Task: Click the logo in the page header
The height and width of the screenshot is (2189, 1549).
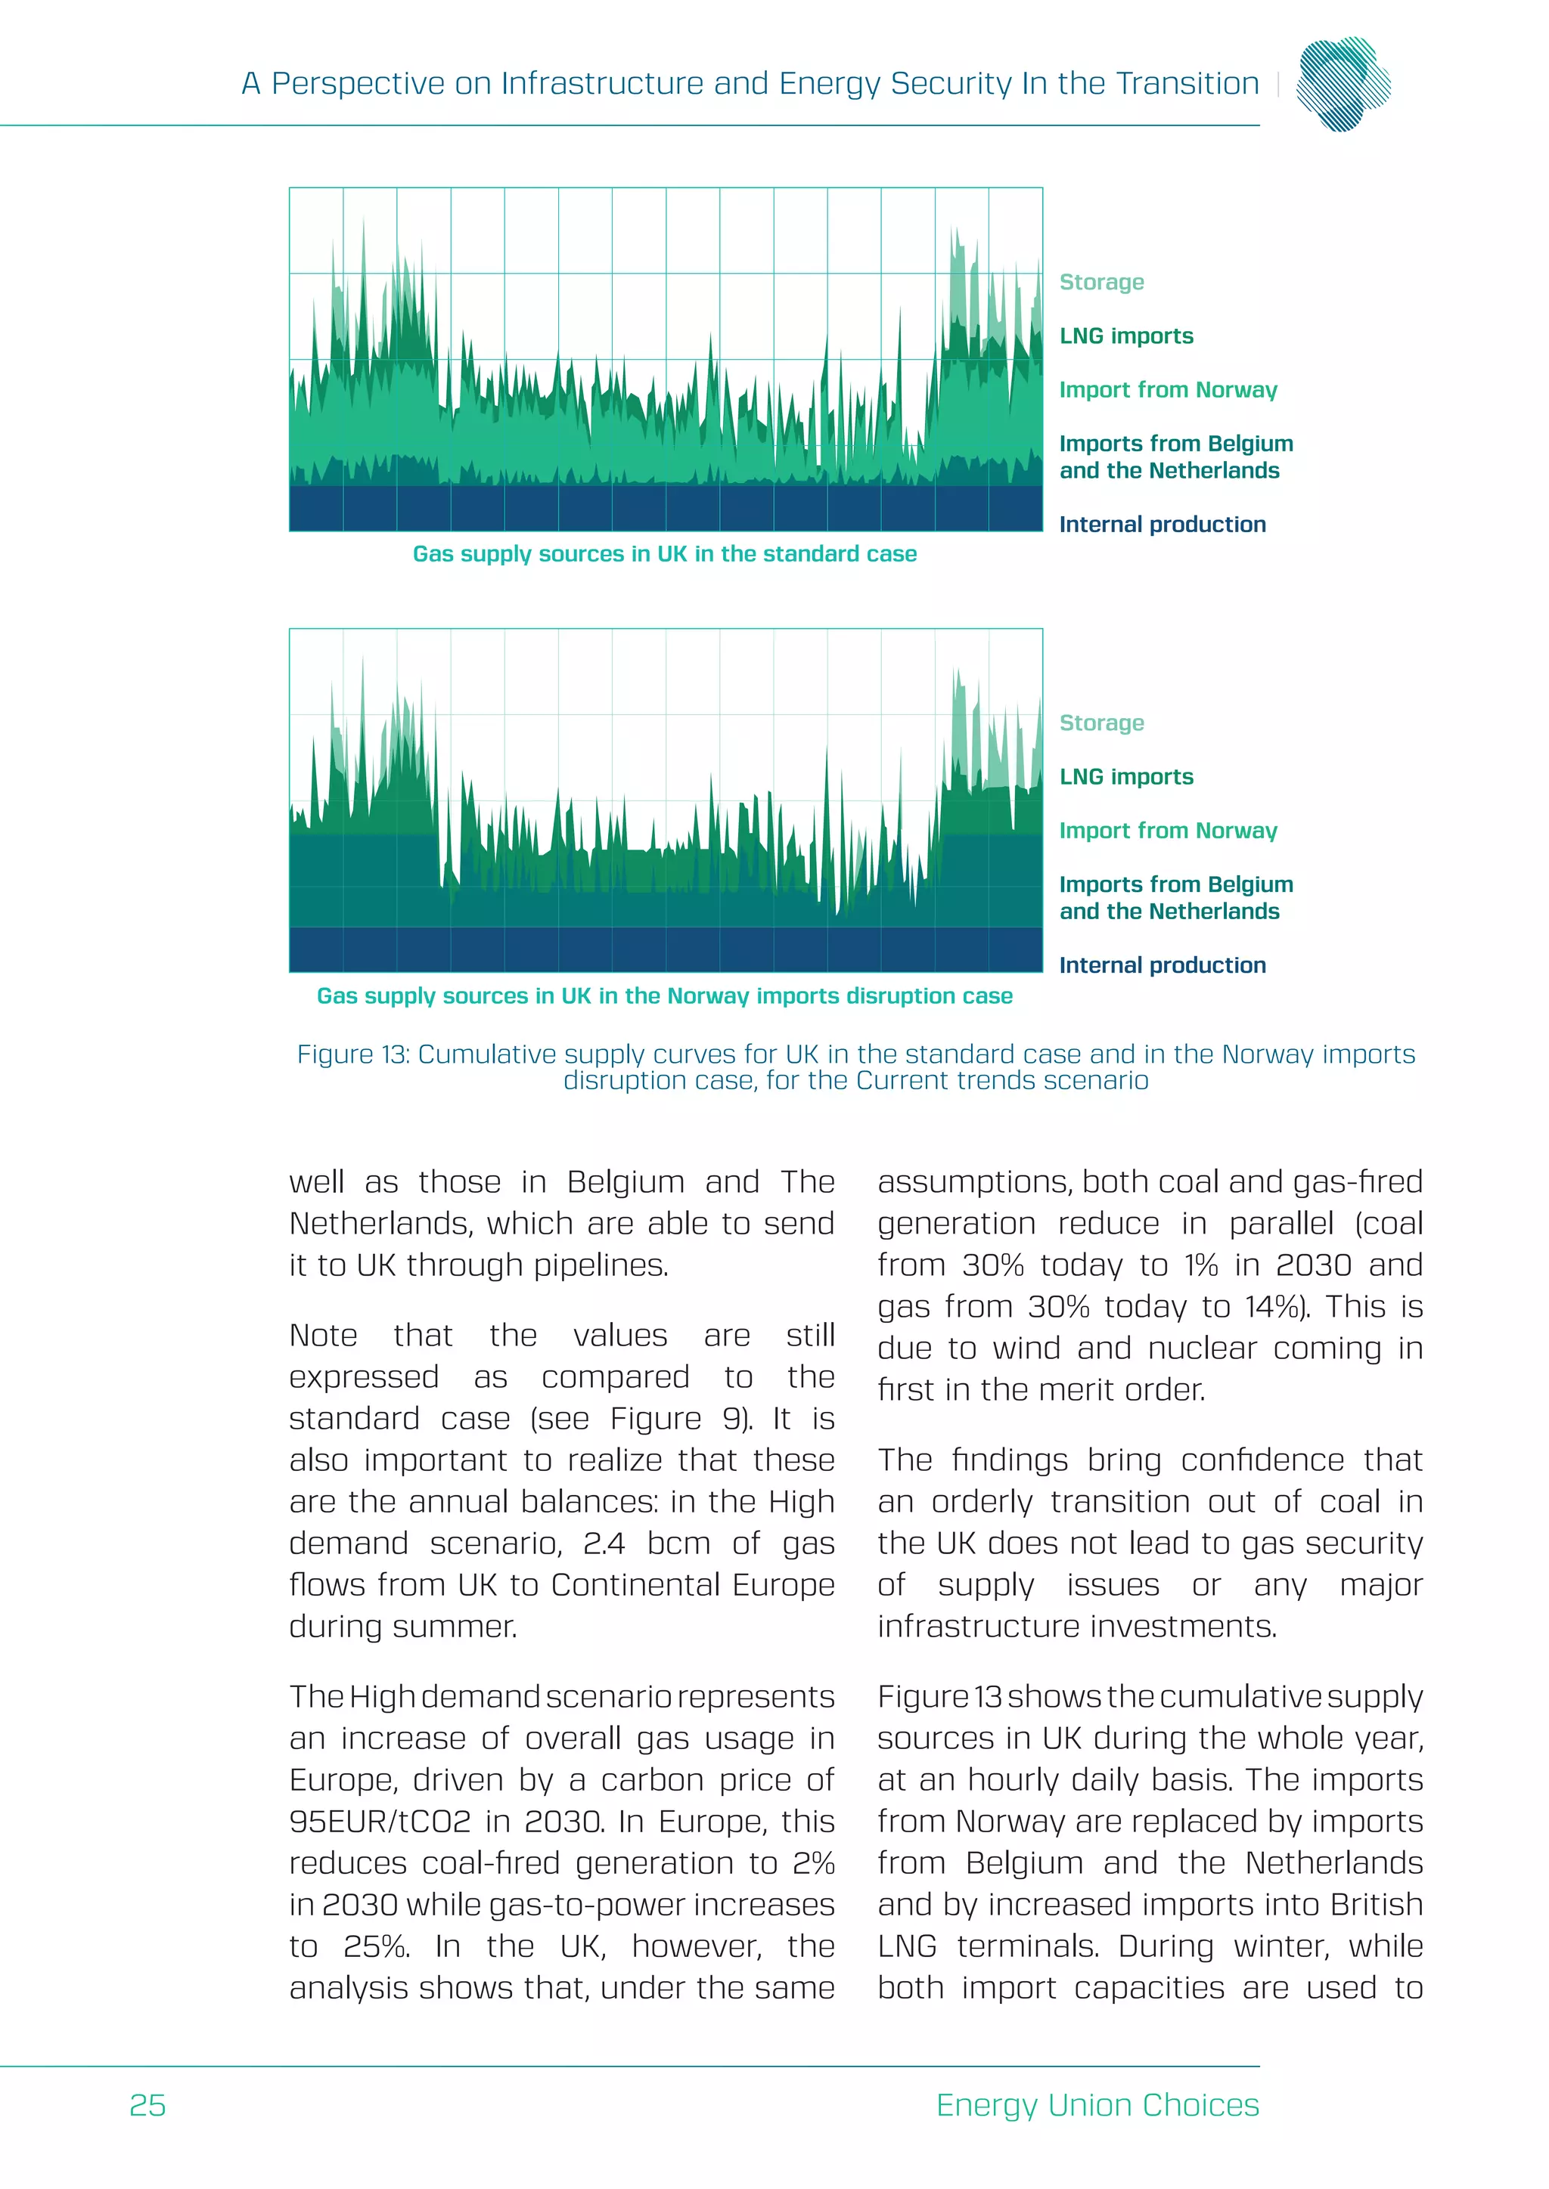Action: click(x=1343, y=84)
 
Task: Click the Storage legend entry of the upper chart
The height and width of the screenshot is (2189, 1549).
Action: click(x=1102, y=282)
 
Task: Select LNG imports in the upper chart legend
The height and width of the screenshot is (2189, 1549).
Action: click(x=1126, y=336)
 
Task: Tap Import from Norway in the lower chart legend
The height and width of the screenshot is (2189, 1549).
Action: click(x=1168, y=831)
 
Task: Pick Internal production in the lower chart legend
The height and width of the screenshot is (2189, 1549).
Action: click(x=1162, y=966)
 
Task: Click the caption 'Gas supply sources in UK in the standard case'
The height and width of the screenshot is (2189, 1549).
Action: click(x=664, y=554)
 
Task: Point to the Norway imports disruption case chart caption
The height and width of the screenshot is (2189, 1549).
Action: click(x=664, y=996)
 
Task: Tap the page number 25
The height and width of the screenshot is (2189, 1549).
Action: click(x=147, y=2105)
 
